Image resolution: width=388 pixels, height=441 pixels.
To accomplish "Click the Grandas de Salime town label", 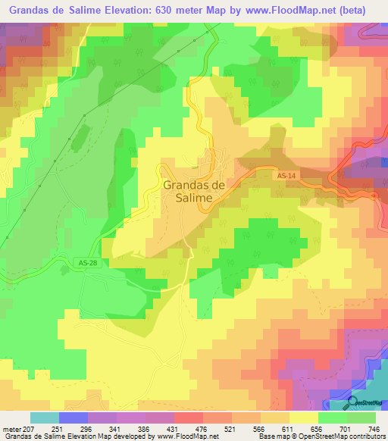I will coord(193,189).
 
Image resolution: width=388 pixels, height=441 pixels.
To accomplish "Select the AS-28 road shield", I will coord(88,262).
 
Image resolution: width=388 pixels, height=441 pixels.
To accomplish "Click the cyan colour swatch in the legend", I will coord(45,418).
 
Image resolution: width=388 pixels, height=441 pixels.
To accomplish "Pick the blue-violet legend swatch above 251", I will coord(74,418).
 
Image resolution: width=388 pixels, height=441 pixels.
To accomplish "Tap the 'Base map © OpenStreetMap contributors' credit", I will coord(321,436).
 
